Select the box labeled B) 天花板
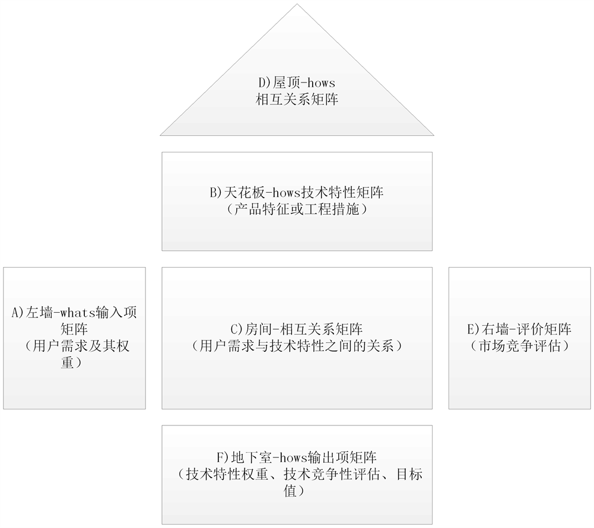pos(297,228)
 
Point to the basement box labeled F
pos(297,510)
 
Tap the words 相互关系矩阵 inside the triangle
pos(297,100)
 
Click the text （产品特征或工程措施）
pos(297,209)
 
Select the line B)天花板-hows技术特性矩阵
pos(297,193)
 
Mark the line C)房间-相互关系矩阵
pos(297,329)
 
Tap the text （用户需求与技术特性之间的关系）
pos(297,346)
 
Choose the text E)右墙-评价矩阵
pos(520,329)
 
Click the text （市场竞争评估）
pos(520,346)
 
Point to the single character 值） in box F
pos(297,491)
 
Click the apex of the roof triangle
pos(297,5)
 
